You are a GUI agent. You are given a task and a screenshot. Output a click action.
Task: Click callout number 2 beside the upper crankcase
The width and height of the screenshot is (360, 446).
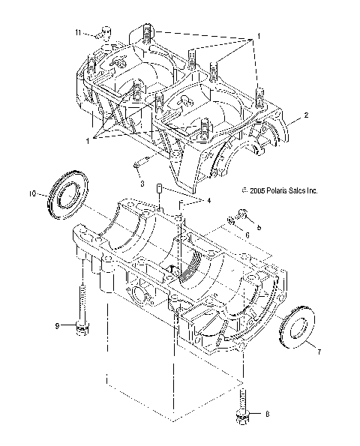[305, 115]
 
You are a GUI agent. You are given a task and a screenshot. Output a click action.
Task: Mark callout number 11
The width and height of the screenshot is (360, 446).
[78, 31]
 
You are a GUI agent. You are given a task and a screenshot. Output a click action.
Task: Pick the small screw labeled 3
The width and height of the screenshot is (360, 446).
[139, 166]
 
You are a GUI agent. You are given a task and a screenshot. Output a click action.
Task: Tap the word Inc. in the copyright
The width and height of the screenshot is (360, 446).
[310, 191]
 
